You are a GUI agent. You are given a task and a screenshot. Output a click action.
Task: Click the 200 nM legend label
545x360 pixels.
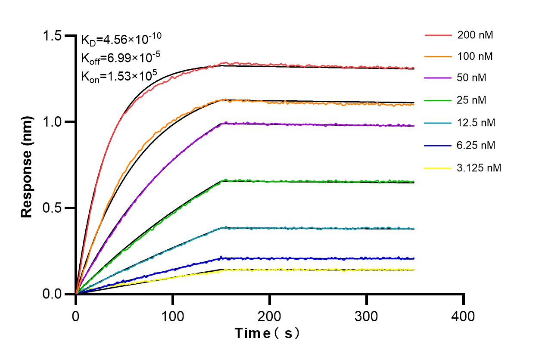(x=475, y=35)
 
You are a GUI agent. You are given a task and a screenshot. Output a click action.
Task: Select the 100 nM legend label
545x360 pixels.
(x=475, y=56)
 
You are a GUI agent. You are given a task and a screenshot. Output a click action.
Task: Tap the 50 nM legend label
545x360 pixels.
(x=472, y=78)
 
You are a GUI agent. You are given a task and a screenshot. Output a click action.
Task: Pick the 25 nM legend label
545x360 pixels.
(x=472, y=100)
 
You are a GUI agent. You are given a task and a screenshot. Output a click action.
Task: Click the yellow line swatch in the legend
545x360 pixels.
(x=438, y=168)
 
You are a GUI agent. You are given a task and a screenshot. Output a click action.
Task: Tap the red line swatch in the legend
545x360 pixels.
(x=438, y=35)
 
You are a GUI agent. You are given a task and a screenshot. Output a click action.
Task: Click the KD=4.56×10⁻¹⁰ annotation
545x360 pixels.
(x=121, y=39)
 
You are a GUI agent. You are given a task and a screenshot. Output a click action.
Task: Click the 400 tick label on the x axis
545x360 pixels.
(x=463, y=317)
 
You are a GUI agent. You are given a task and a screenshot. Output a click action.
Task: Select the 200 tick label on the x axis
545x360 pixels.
(x=270, y=317)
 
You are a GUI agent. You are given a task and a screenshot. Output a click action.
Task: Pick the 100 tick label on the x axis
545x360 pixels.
(x=173, y=317)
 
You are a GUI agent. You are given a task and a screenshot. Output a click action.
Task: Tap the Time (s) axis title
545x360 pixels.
(x=267, y=333)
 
